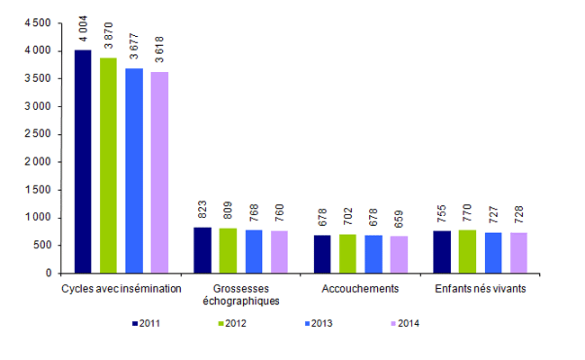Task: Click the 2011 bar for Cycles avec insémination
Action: [x=83, y=161]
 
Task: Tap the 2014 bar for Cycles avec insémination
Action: [x=159, y=172]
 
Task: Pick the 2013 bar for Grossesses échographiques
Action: [x=254, y=251]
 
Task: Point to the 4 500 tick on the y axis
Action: [x=38, y=23]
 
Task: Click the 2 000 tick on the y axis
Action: [x=38, y=162]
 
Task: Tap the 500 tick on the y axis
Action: [x=43, y=245]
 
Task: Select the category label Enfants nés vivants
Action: [x=480, y=288]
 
